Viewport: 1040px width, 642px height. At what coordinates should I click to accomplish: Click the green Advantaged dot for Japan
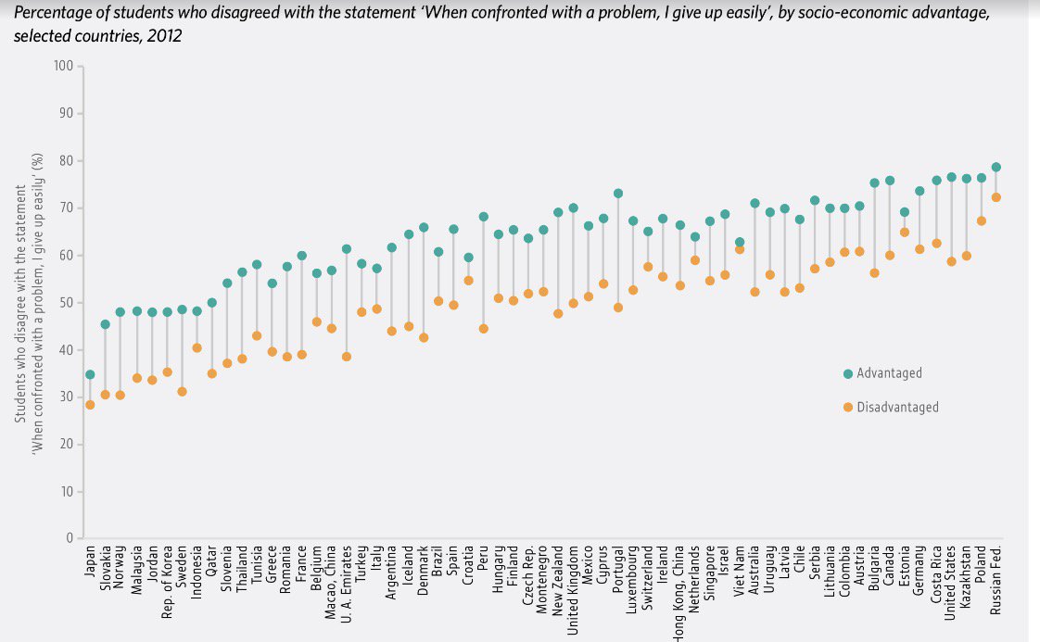[89, 374]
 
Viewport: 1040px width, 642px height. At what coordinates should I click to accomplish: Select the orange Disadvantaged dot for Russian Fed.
[996, 197]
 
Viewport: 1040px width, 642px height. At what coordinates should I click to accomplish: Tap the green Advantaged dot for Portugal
[618, 194]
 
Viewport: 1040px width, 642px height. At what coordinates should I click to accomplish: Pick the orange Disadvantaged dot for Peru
[483, 329]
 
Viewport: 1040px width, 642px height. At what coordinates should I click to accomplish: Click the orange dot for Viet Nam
[740, 249]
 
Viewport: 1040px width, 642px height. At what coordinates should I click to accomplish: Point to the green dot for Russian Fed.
[996, 168]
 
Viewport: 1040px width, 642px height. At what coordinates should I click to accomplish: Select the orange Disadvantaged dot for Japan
[89, 405]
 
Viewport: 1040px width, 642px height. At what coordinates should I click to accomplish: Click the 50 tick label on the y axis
[66, 303]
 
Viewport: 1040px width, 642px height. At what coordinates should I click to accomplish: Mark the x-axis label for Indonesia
[197, 573]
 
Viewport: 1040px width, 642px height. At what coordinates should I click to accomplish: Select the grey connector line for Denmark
[423, 283]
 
